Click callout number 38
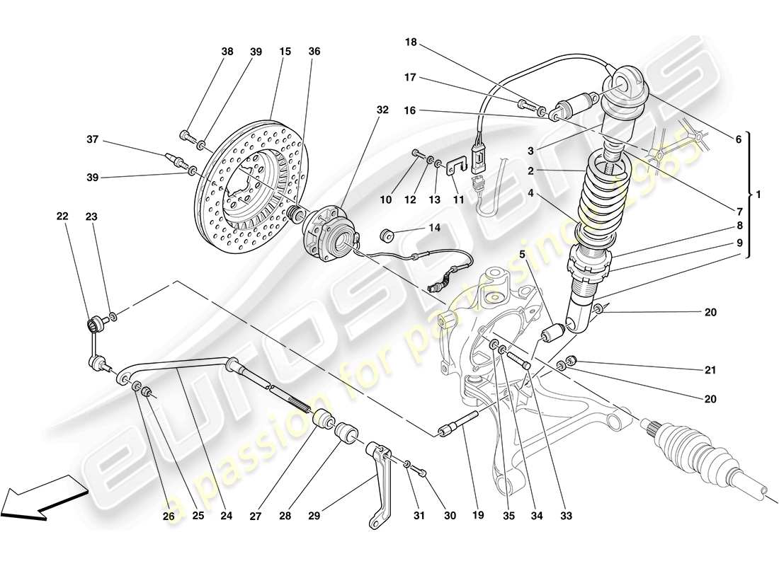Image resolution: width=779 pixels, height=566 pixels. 227,52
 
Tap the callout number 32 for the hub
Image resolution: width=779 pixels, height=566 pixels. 382,110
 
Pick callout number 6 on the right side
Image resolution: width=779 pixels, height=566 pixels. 739,140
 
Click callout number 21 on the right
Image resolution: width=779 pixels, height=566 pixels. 710,370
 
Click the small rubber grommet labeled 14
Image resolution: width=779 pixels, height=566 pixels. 387,235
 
